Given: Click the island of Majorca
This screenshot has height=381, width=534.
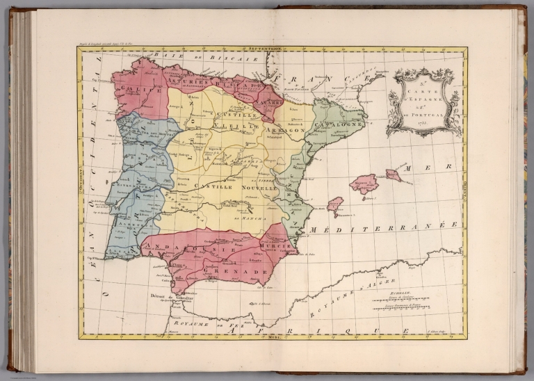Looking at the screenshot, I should coord(364,184).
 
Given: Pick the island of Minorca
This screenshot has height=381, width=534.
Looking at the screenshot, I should coord(394,175).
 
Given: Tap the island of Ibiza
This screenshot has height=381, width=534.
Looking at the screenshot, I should coord(334,204).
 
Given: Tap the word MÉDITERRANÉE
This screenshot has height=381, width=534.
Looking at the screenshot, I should coord(387,229).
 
